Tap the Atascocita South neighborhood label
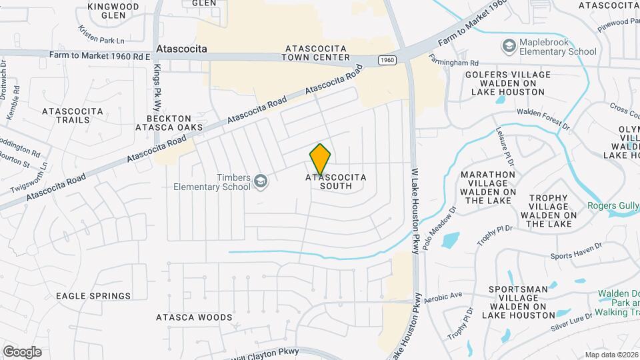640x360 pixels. point(336,182)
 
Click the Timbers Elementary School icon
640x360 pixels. point(263,182)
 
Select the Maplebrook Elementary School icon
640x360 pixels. point(510,45)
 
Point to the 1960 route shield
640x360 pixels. point(387,61)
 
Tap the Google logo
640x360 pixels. point(22,351)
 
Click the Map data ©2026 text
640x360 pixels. point(611,355)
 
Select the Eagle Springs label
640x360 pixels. point(93,296)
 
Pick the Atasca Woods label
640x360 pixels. point(194,318)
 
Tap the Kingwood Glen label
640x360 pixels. point(113,11)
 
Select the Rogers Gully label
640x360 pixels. point(613,206)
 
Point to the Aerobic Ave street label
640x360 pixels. point(444,295)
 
